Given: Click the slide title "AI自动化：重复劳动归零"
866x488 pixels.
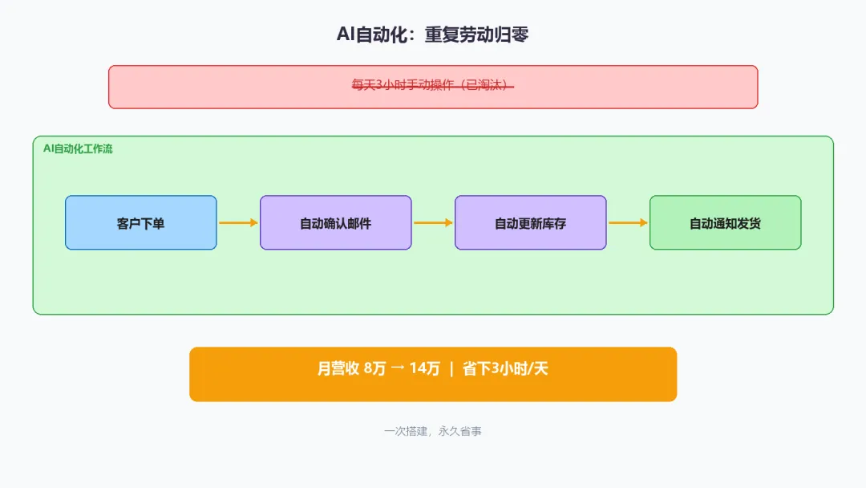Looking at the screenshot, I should click(432, 35).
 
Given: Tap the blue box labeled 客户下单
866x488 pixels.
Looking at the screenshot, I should click(141, 223).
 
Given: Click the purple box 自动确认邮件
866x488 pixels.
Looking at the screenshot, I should click(335, 223).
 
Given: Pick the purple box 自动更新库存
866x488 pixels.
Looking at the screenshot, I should click(530, 223).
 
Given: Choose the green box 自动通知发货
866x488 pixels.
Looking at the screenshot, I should click(725, 223).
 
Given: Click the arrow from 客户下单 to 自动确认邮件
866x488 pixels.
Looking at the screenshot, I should click(238, 223).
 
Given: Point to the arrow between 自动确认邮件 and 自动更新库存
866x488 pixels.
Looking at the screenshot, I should click(433, 223).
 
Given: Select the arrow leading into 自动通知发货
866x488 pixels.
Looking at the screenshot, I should click(628, 223).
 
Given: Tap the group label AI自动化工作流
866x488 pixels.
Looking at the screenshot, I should click(78, 149).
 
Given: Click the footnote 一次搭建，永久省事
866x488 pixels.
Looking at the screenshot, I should click(432, 431).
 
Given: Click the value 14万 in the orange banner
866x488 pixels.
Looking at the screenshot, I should click(424, 369).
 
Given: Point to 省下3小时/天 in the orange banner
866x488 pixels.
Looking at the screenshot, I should click(505, 369).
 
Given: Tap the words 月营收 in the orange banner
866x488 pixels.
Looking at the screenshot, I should click(338, 369).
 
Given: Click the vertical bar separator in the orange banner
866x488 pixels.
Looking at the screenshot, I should click(451, 369).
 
